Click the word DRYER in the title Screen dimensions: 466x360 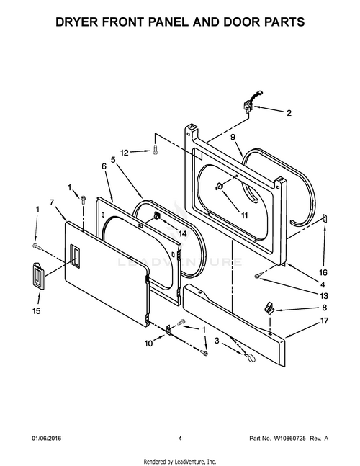(x=80, y=22)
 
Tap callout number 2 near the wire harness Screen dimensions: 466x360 (x=289, y=113)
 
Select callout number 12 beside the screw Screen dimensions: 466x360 (x=124, y=152)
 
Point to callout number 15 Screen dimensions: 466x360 (x=36, y=311)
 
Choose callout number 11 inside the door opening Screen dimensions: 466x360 (x=244, y=215)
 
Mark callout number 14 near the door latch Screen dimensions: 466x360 (x=182, y=233)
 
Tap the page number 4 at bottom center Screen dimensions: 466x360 (x=179, y=438)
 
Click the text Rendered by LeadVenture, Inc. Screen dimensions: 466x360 (x=180, y=461)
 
